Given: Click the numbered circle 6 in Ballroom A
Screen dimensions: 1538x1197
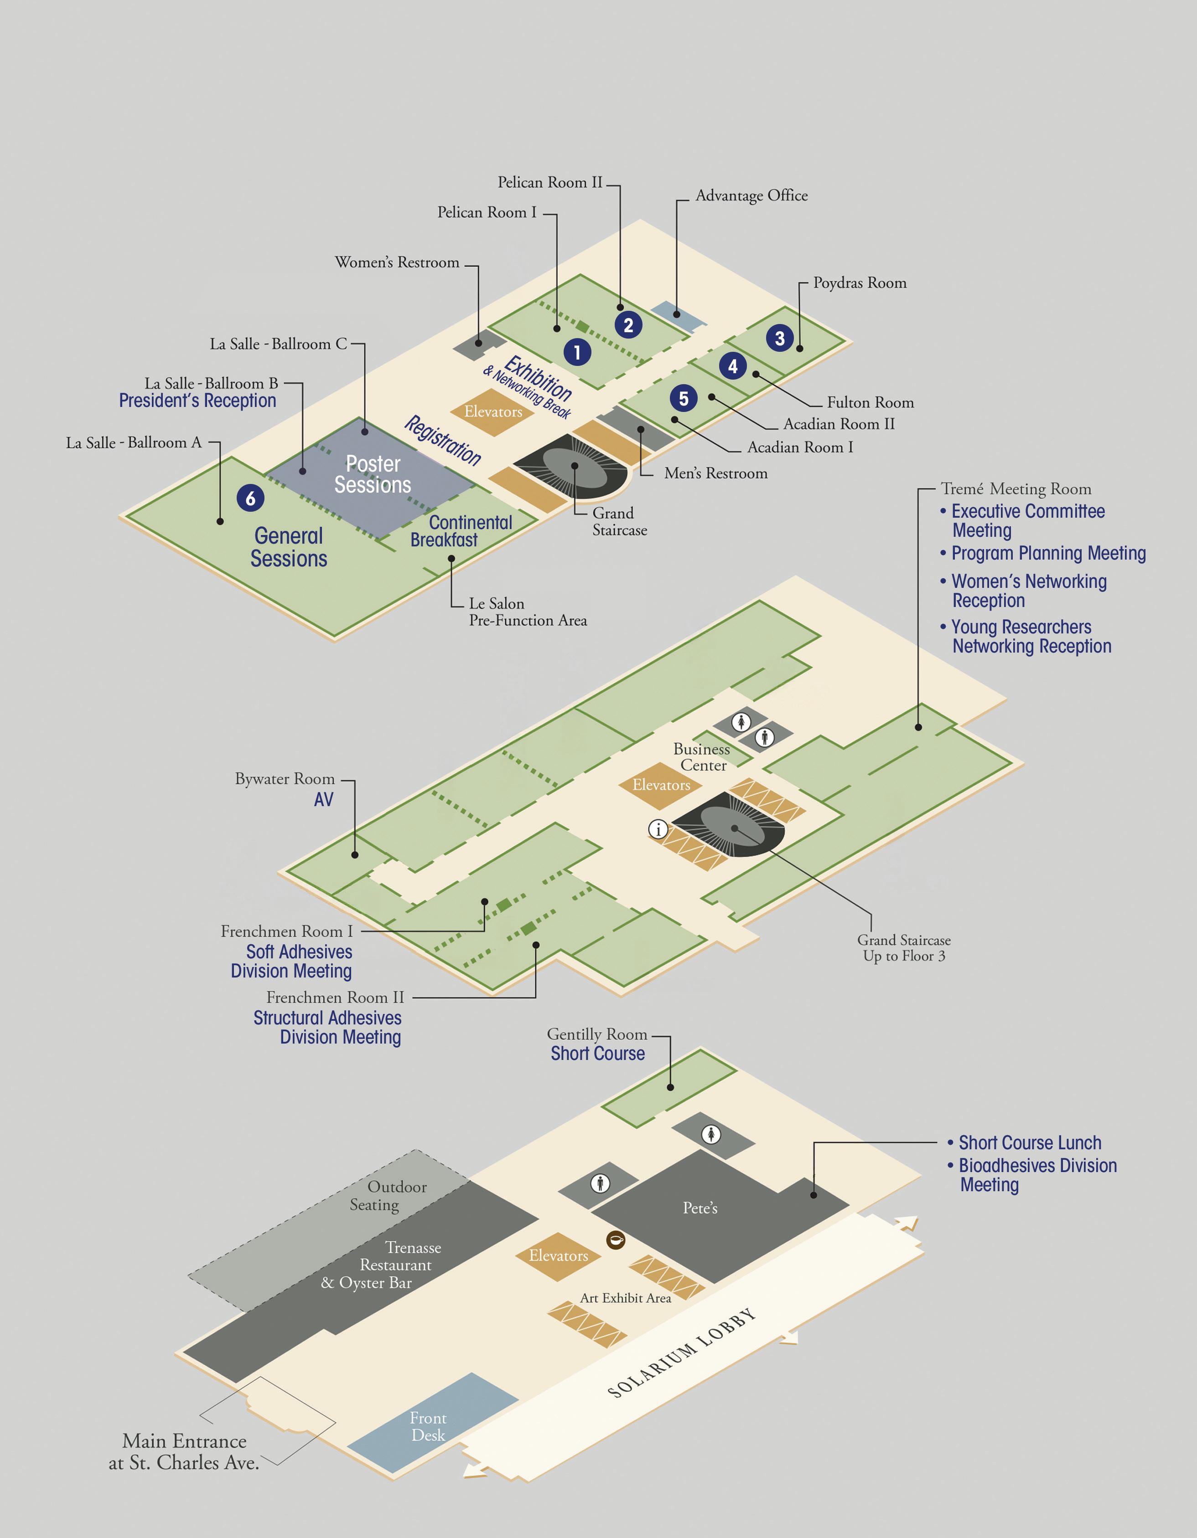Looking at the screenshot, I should [250, 498].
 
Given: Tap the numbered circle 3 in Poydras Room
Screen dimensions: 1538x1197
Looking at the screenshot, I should [779, 338].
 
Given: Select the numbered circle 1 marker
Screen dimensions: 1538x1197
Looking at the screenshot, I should [577, 352].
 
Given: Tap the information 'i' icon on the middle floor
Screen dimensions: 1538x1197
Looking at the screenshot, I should [658, 829].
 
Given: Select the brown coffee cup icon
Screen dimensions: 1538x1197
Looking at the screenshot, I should [616, 1240].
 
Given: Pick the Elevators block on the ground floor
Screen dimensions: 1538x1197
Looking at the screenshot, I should [558, 1255].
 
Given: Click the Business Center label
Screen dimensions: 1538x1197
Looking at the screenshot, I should [702, 757].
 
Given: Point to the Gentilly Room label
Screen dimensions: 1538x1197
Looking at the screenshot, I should [597, 1034].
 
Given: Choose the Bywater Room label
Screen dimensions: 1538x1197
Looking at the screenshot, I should [285, 779].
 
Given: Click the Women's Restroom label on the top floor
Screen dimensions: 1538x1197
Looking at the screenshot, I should [397, 262].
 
